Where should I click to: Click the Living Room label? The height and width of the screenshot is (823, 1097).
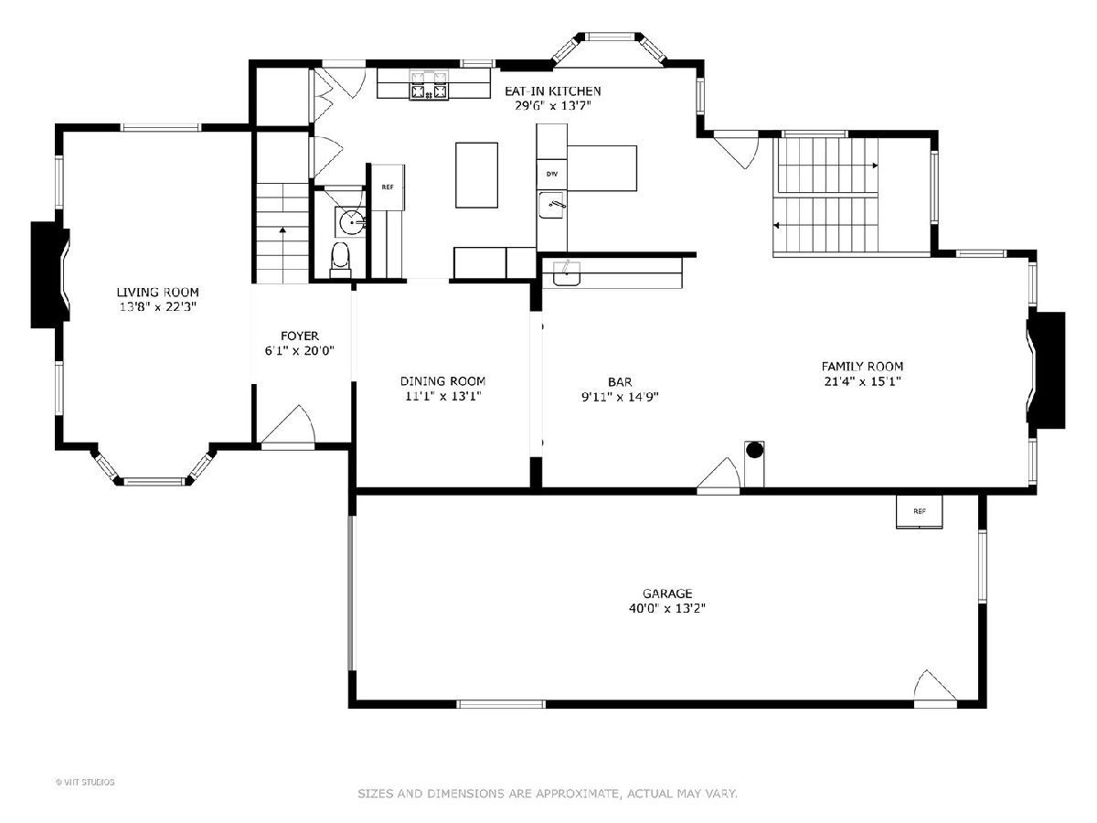pos(157,293)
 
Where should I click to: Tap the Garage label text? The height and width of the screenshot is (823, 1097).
pos(667,593)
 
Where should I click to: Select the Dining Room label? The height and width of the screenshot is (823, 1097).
pos(442,381)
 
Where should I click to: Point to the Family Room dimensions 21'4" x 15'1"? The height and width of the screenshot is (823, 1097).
pos(862,381)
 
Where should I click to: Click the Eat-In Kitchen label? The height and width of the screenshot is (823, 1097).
pos(552,91)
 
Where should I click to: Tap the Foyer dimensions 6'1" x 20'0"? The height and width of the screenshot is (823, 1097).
pos(299,351)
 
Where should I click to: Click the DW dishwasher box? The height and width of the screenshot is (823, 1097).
pos(552,175)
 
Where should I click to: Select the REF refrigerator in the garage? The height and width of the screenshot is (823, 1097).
pos(919,512)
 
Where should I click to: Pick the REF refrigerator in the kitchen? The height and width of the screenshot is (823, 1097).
pos(388,187)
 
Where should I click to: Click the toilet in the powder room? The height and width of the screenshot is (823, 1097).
pos(341,260)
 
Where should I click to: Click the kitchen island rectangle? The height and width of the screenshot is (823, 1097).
pos(477,175)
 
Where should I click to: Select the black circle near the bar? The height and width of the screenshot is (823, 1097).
pos(755,450)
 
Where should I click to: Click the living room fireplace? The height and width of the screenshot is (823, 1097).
pos(49,275)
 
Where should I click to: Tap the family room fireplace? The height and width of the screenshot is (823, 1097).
pos(1047,370)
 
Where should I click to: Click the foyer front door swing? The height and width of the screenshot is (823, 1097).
pos(289,424)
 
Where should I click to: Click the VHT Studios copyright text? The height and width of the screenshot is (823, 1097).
pos(85,782)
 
